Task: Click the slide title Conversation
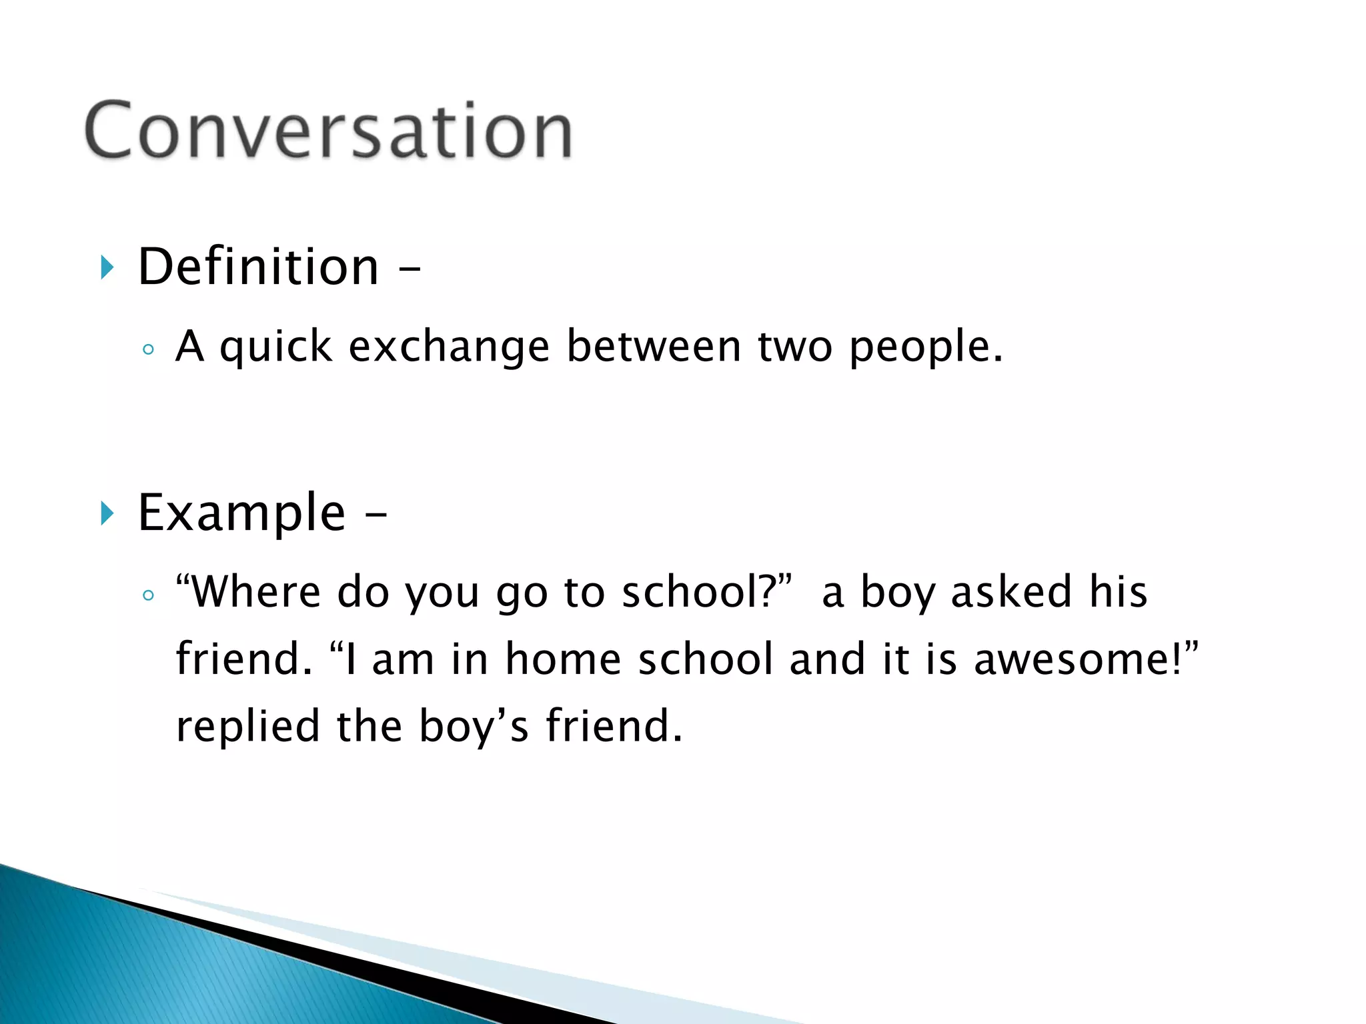tap(328, 131)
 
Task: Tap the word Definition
tap(258, 267)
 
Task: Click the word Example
tap(241, 513)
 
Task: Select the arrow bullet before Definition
tap(107, 267)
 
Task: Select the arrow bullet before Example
tap(107, 513)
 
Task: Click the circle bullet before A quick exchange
tap(148, 349)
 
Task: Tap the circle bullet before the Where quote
tap(148, 595)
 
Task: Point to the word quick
tap(275, 348)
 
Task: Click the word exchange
tap(449, 348)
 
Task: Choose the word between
tap(654, 347)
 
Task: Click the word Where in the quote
tap(254, 592)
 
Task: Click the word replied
tap(247, 727)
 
